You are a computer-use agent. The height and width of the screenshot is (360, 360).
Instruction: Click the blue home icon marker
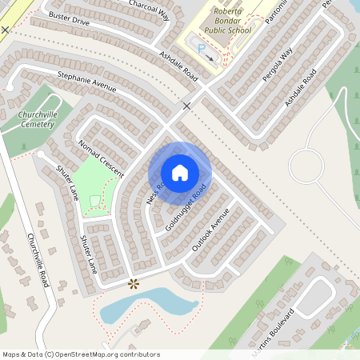(x=180, y=172)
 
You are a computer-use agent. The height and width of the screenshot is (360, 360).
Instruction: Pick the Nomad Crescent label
(x=101, y=158)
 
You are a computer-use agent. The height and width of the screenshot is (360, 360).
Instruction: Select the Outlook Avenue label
(x=210, y=230)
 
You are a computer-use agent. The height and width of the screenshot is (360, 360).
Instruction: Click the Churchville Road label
(x=39, y=261)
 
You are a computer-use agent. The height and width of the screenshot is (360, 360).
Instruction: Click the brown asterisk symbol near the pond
(x=134, y=283)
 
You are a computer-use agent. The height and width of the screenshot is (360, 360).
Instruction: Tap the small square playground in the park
(x=96, y=200)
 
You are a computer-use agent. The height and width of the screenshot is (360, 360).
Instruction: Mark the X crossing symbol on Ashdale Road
(x=187, y=106)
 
